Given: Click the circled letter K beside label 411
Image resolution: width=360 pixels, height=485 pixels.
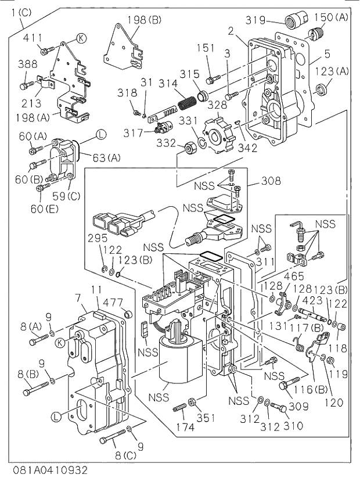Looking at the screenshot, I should point(81,38).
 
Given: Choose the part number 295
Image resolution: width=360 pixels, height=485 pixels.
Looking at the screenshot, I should point(98,238).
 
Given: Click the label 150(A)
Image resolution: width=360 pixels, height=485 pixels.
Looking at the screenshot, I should point(332,17).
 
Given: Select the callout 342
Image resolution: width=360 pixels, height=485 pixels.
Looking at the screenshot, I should point(248,148).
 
